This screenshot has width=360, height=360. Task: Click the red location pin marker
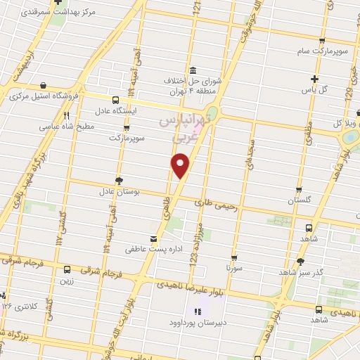[x=181, y=166]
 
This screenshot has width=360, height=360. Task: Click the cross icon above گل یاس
[x=314, y=78]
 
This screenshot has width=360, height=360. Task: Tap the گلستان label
[x=300, y=201]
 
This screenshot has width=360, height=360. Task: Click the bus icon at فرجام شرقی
[x=67, y=269]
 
